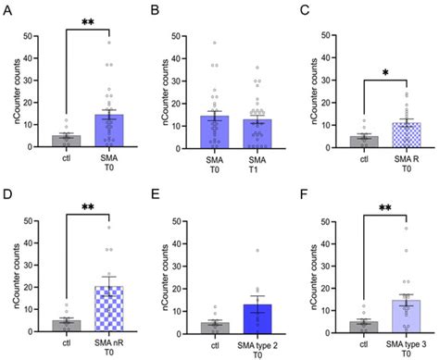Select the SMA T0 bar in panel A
click(108, 130)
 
